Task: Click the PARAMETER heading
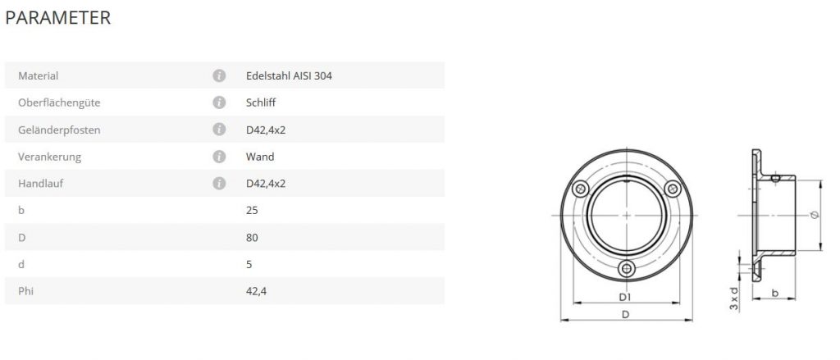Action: tap(58, 18)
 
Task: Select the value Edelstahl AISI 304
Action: tap(289, 76)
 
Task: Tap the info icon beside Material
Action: tap(219, 76)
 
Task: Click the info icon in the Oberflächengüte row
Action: tap(219, 103)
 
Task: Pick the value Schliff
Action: tap(261, 103)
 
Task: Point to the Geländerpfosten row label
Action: tap(59, 130)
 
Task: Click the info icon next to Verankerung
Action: tap(219, 157)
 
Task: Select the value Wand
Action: tap(260, 157)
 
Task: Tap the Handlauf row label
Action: tap(41, 184)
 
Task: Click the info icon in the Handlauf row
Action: tap(219, 184)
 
